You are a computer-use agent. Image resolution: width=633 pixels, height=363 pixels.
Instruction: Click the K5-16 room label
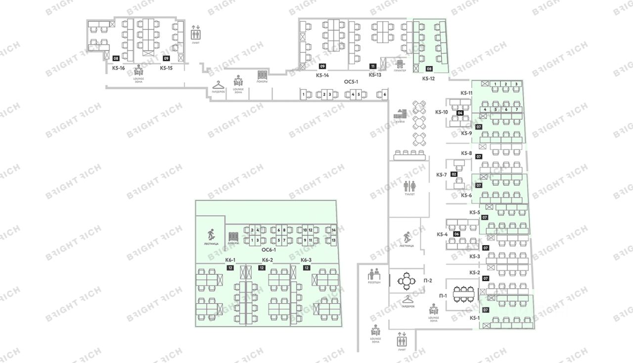coord(118,68)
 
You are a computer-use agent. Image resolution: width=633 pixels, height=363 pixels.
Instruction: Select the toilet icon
coord(408,186)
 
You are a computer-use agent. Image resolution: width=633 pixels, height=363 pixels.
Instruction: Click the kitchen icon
coord(400,115)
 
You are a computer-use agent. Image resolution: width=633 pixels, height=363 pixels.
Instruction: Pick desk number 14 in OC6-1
coord(334,231)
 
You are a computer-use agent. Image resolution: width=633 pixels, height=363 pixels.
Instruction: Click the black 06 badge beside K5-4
coord(457,234)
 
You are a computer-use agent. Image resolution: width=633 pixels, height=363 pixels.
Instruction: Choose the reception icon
coord(373,274)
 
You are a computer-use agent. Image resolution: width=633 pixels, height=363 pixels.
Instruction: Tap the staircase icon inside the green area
coord(211,234)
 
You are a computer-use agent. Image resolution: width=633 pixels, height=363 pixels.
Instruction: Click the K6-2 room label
coord(268,260)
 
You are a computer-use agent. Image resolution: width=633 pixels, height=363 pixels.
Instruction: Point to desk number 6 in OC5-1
coord(384,94)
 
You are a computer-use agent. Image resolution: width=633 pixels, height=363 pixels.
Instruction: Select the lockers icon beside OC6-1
coord(233,238)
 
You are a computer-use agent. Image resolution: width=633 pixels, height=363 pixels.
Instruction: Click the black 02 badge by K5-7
coord(453,174)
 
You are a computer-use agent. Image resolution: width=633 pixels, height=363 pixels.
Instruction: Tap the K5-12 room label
coord(428,78)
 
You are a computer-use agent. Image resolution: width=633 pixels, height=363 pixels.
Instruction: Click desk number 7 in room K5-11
coord(517,109)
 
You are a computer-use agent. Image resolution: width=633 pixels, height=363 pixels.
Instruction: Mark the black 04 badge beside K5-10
coord(460,113)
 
